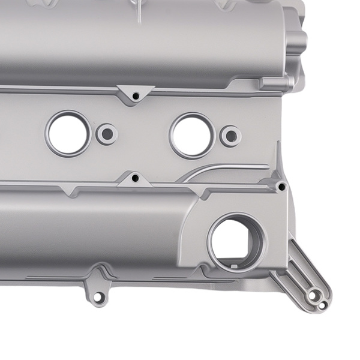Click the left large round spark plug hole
(68, 133)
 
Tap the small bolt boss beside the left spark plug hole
(107, 133)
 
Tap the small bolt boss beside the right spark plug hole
(230, 136)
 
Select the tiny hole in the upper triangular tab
(136, 95)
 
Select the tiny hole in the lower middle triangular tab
(135, 178)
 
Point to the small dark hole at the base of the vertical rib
(281, 187)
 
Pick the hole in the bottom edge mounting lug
(98, 296)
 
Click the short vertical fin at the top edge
(139, 12)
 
